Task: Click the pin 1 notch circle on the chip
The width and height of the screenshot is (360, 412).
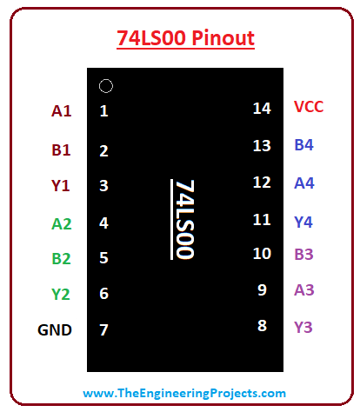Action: pos(106,79)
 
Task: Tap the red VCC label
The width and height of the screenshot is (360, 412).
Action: pos(309,107)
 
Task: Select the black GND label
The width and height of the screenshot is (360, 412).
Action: pos(55,330)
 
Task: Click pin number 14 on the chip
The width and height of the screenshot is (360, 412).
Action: pos(262,109)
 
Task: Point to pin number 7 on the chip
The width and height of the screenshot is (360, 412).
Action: pos(103,330)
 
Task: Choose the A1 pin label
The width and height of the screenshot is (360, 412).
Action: pos(62,111)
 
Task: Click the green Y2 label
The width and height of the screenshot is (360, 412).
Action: pos(61,294)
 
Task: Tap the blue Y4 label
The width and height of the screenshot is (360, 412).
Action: pos(303,223)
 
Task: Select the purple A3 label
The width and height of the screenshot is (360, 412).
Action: pos(304,289)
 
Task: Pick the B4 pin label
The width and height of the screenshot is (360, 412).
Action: pos(303,145)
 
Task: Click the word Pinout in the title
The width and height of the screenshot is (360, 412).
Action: pos(223,38)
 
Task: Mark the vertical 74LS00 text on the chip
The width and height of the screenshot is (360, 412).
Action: pos(185,219)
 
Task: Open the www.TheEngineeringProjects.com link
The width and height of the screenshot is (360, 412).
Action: pos(184,393)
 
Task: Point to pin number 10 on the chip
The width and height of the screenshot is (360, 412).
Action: pos(262,254)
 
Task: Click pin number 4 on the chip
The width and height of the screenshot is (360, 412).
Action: pos(103,223)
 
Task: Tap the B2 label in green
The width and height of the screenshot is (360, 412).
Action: pos(61,259)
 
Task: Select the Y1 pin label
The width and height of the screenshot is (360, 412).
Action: pos(61,186)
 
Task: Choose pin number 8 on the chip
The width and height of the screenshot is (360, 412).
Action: pos(262,325)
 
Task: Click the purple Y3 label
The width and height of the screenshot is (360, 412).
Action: pos(303,328)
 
